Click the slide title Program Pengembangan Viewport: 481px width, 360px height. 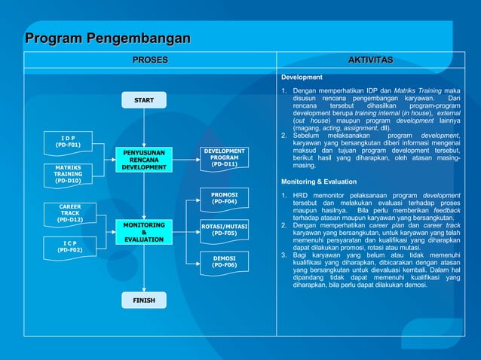108,38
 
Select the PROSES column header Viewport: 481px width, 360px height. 150,59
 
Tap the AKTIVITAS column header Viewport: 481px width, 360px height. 370,59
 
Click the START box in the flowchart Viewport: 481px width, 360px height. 144,100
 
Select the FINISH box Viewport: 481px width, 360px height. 144,301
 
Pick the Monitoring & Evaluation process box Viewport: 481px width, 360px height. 143,232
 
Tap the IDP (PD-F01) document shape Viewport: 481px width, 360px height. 69,142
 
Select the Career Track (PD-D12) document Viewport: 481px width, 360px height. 70,213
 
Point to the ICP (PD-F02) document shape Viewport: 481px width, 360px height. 70,246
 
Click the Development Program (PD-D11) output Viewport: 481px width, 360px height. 224,157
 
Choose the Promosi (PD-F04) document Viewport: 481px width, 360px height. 224,198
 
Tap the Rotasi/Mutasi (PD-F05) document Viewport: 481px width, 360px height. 224,230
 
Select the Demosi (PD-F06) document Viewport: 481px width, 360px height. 224,261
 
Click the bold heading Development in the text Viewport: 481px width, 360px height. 302,77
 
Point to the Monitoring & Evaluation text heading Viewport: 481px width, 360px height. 319,182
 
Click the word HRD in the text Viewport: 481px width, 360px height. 302,196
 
